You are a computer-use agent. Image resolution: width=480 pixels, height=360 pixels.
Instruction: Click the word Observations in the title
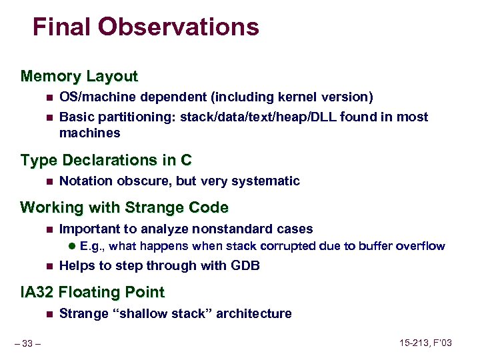(x=178, y=27)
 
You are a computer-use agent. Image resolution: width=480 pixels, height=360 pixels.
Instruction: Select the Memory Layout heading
(x=79, y=76)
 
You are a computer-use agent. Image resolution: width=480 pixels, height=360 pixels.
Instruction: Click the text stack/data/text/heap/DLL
(x=257, y=117)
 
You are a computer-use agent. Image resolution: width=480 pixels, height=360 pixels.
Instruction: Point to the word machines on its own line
(x=89, y=133)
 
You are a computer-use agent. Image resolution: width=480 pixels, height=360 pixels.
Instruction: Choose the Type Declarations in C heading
(x=106, y=160)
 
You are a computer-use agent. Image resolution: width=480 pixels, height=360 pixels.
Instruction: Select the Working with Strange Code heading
(x=124, y=207)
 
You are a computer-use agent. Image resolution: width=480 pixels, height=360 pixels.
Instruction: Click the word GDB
(x=245, y=266)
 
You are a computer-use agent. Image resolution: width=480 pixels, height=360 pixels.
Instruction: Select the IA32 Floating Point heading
(x=92, y=292)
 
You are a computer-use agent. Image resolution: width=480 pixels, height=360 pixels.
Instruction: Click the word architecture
(x=256, y=314)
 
